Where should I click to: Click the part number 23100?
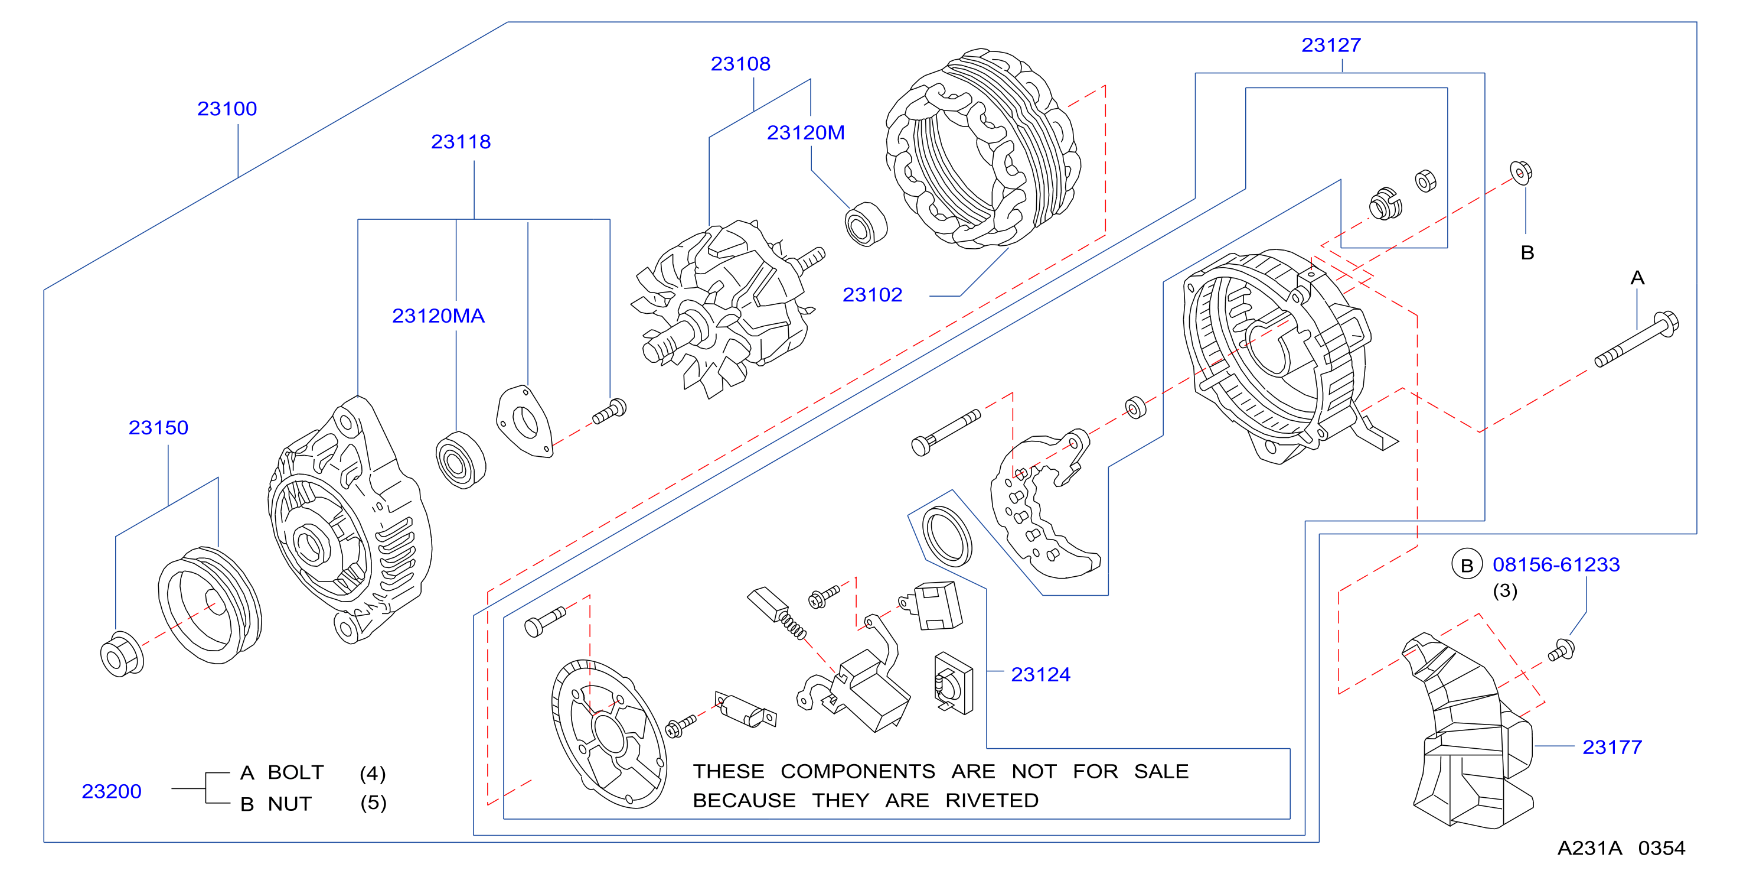(x=227, y=109)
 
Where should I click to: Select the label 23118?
(x=461, y=142)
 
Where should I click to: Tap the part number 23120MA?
(x=438, y=316)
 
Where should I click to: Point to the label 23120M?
(x=806, y=133)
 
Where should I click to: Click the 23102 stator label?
(x=873, y=295)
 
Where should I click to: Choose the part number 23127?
(x=1331, y=45)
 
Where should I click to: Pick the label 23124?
(x=1040, y=675)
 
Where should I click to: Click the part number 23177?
(x=1612, y=748)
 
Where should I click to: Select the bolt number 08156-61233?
(x=1556, y=564)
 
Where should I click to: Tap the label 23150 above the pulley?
(x=159, y=428)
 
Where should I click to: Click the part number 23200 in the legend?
(x=112, y=791)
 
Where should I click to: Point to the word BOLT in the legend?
(x=295, y=772)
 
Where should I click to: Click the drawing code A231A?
(x=1589, y=849)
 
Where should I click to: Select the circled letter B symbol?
(x=1467, y=565)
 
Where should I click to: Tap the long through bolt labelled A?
(x=1637, y=339)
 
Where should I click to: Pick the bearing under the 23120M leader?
(x=866, y=224)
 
